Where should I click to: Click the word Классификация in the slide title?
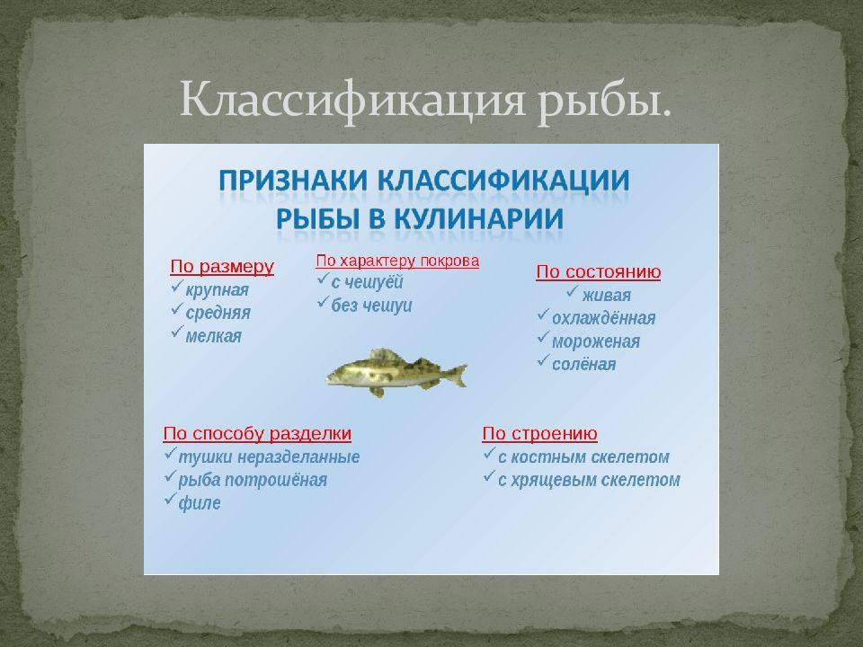pos(352,100)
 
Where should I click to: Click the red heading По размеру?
pos(222,267)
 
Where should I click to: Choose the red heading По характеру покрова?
pos(397,261)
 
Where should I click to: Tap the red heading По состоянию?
pos(599,271)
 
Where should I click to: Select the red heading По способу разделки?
pos(257,433)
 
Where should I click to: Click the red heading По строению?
pos(539,433)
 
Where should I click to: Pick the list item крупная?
pos(218,290)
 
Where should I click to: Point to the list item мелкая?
pos(214,336)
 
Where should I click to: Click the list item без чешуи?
pos(371,306)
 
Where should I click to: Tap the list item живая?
pos(607,296)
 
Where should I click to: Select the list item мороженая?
pos(595,341)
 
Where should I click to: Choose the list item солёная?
pos(584,364)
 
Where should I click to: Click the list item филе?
pos(200,503)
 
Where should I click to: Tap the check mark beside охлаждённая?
pos(543,315)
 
